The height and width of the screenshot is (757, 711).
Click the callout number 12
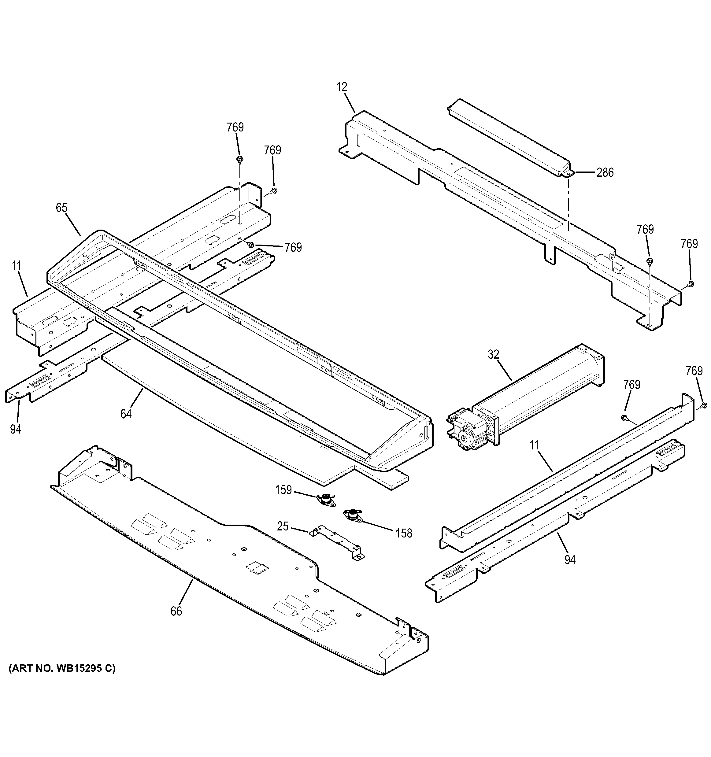point(342,87)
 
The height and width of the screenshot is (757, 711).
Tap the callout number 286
point(605,172)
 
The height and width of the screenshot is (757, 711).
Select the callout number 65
point(61,208)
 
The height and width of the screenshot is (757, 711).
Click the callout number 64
point(126,414)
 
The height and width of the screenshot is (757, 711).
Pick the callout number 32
point(493,355)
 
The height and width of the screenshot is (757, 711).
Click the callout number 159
point(283,490)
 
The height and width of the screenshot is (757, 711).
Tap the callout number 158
point(404,534)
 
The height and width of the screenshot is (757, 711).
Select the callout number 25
point(283,526)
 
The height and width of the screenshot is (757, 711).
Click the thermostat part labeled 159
point(326,500)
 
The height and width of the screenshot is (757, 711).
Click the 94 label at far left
point(16,430)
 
